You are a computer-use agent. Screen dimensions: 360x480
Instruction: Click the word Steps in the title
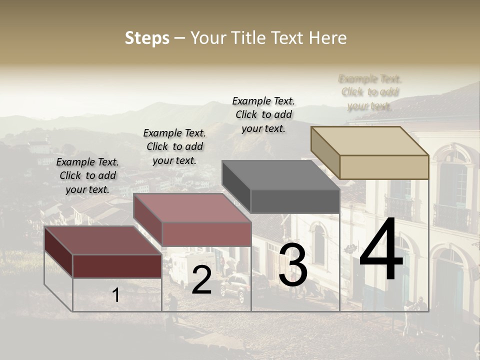[x=147, y=38]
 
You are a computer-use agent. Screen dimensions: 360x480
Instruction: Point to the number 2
[x=201, y=280]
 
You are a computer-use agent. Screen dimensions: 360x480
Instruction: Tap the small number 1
[x=115, y=295]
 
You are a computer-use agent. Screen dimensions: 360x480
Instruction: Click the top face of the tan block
[x=369, y=141]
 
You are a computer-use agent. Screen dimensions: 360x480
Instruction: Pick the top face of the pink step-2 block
[x=192, y=208]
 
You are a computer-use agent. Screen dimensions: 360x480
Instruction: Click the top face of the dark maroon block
[x=102, y=240]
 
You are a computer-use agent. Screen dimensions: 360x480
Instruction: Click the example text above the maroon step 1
[x=87, y=175]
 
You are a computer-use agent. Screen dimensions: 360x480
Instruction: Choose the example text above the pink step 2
[x=174, y=146]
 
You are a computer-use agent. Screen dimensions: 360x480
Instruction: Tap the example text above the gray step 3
[x=263, y=114]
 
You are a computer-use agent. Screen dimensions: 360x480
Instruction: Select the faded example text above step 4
[x=370, y=92]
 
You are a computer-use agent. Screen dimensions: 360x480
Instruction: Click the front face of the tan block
[x=384, y=167]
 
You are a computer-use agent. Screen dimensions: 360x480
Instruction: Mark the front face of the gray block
[x=295, y=201]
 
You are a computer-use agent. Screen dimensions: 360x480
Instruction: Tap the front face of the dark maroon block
[x=117, y=265]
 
